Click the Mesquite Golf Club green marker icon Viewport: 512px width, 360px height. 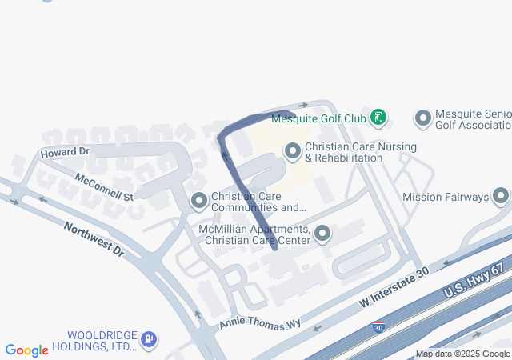[378, 118]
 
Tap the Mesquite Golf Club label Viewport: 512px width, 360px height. [318, 118]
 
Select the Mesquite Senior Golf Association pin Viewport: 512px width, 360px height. [423, 119]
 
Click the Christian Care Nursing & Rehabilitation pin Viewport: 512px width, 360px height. [293, 150]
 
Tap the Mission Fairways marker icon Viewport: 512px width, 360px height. [502, 196]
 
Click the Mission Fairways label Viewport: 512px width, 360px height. [445, 197]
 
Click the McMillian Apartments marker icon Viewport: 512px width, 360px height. [322, 234]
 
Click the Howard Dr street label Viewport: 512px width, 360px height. [65, 151]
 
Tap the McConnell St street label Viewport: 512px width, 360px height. [103, 186]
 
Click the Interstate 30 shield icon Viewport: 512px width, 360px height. [378, 326]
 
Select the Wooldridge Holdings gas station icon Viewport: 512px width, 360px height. [149, 339]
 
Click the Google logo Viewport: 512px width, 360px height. [27, 350]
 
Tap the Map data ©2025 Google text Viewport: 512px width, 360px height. [462, 354]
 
